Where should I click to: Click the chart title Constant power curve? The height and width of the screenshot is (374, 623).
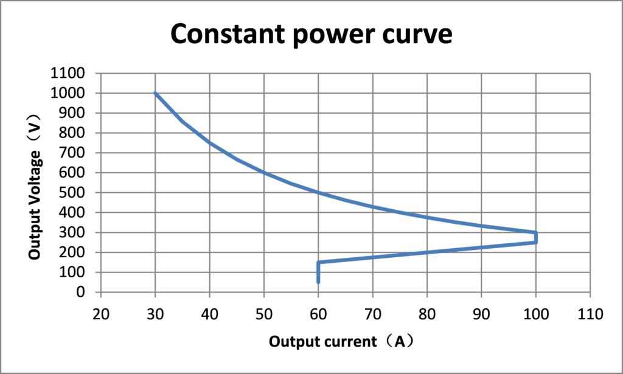point(311,35)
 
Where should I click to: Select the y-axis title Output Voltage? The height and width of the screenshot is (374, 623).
point(36,183)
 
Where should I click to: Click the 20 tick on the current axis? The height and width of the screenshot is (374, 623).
point(101,314)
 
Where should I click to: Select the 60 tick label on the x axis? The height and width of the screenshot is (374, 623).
point(318,314)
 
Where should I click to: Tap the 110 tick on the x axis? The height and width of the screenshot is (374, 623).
point(590,314)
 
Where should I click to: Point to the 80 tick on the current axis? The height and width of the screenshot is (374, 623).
point(427,314)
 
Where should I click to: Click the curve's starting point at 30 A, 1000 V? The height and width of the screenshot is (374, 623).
point(155,93)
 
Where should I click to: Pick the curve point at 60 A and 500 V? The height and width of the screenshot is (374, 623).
point(318,193)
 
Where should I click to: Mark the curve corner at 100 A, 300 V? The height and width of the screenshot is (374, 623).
point(535,232)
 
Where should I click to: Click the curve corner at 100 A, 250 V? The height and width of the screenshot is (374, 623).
point(535,242)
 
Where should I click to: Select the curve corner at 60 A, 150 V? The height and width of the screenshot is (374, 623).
point(318,262)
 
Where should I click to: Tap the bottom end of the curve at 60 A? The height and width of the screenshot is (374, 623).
point(318,282)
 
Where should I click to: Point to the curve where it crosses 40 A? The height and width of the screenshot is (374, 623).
point(209,142)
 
